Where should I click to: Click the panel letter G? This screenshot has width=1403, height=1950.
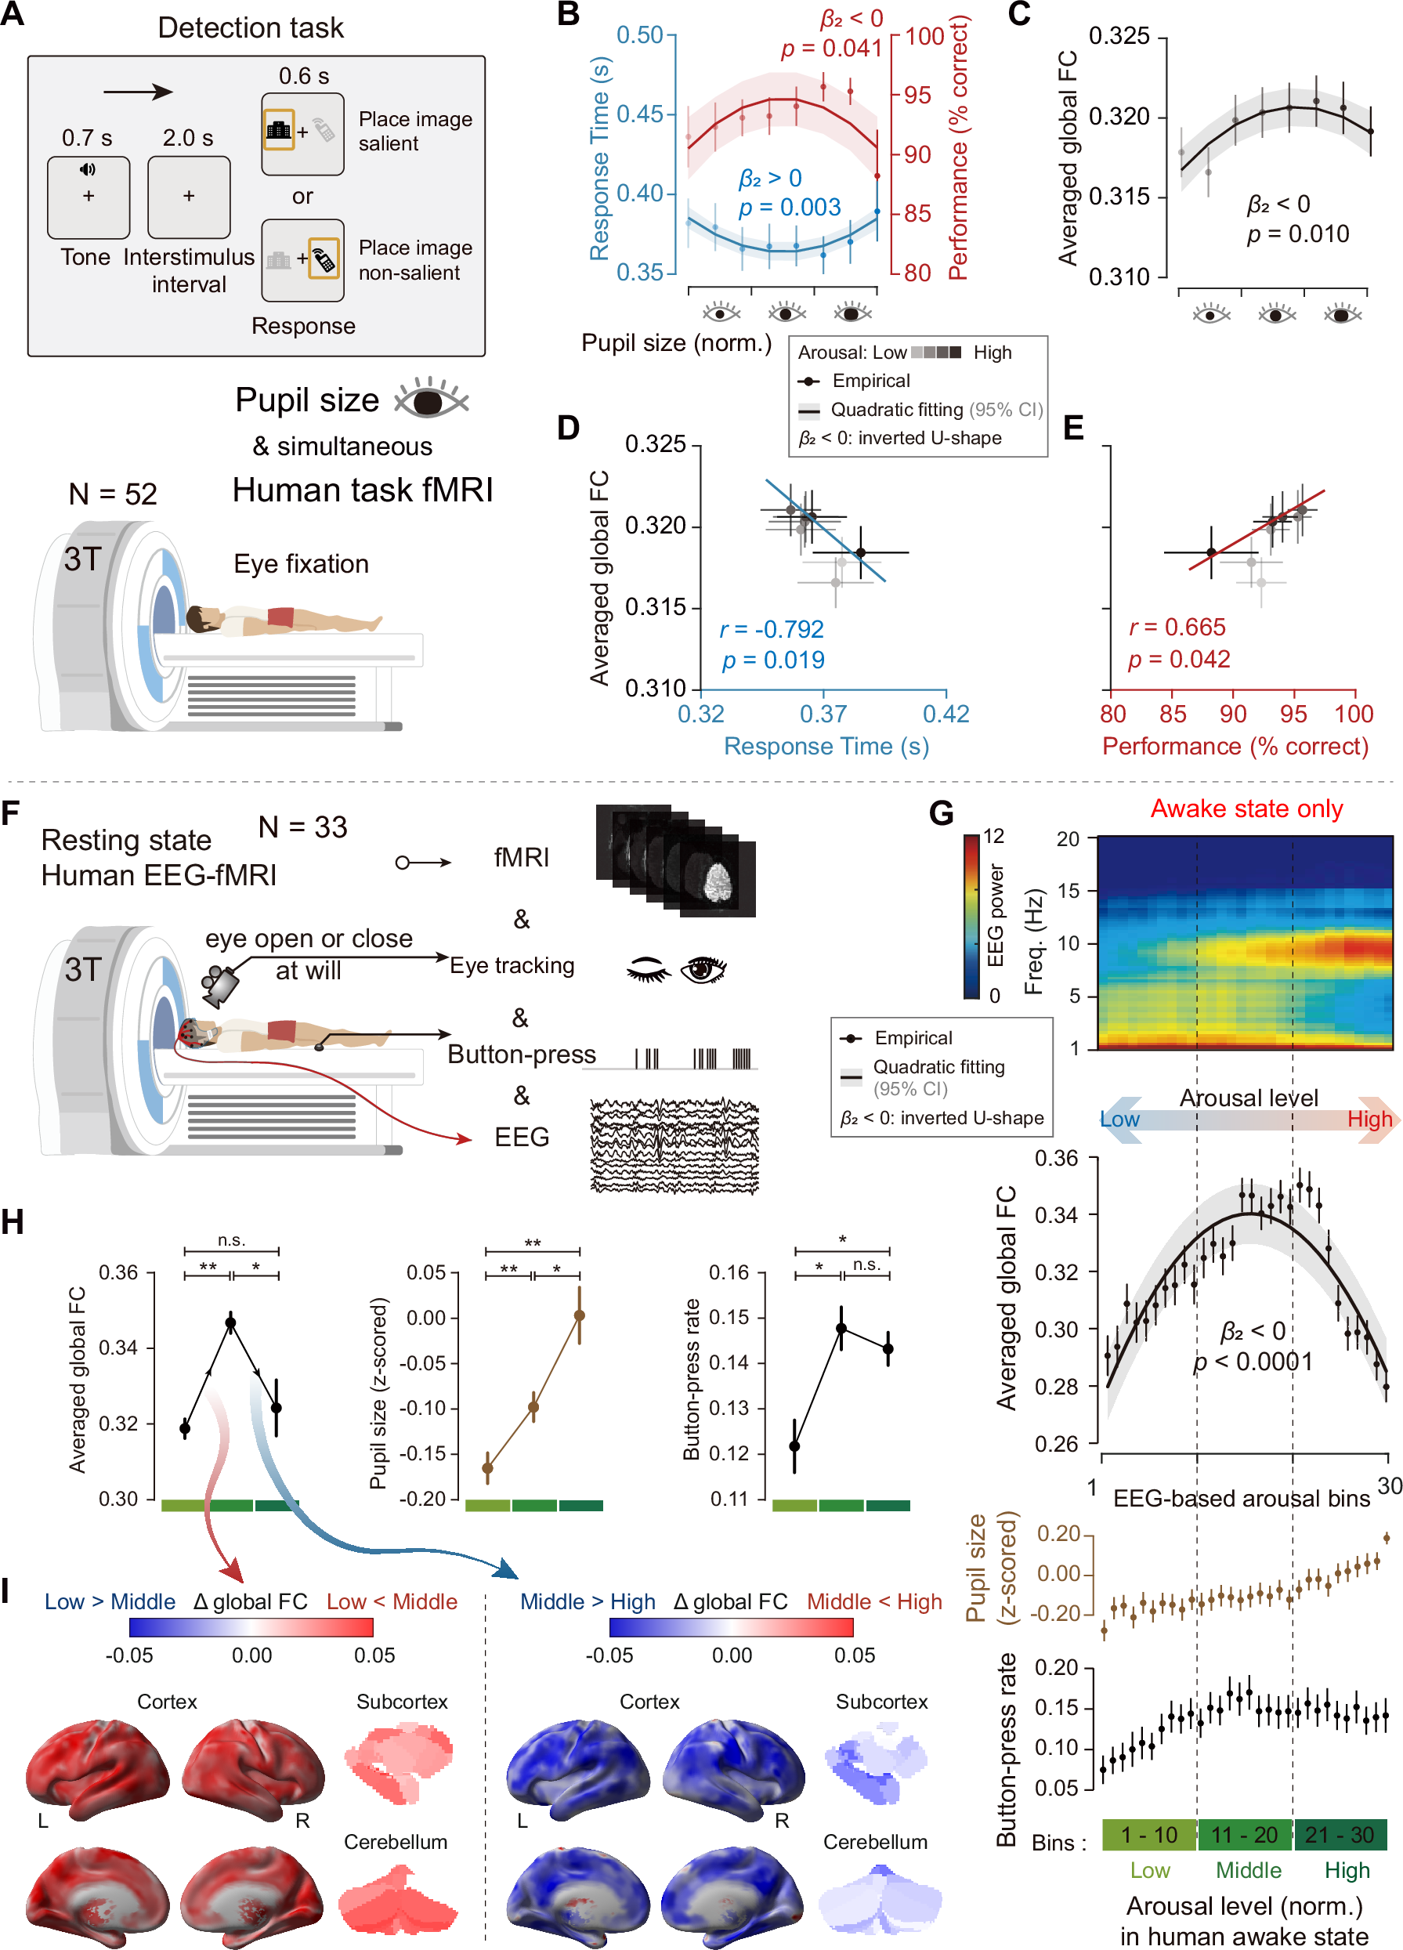pos(942,812)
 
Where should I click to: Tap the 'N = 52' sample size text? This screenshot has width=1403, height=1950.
pos(113,494)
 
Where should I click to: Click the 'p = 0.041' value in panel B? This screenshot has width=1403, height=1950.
pos(831,48)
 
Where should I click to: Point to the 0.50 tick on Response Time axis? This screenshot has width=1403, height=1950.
pos(641,35)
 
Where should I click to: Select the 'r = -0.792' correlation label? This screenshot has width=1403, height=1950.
pos(771,629)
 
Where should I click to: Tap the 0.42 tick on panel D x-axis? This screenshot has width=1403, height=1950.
pos(946,714)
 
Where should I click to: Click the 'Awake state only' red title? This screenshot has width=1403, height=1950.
pos(1246,809)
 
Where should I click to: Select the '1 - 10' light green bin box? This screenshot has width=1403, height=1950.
pos(1148,1834)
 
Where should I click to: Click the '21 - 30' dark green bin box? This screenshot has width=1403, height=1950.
pos(1340,1834)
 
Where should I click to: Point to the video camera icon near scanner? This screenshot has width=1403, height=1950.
pos(219,986)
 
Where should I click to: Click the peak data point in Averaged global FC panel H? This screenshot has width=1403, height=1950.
pos(230,1322)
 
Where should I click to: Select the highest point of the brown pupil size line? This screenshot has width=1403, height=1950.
pos(580,1315)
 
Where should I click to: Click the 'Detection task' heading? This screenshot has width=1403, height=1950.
pos(250,27)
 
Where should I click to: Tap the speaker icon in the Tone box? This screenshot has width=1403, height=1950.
pos(88,169)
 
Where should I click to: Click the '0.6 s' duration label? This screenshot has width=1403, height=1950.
pos(303,76)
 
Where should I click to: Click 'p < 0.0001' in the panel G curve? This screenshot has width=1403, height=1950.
pos(1253,1362)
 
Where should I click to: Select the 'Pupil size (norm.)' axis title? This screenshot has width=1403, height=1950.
pos(677,343)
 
